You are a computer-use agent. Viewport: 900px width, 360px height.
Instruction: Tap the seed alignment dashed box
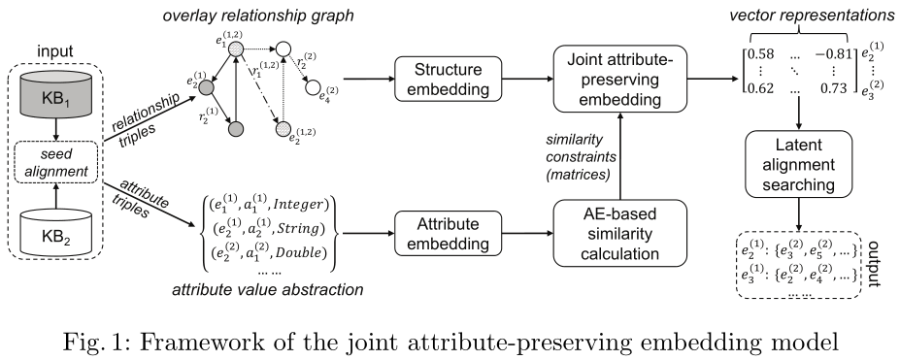click(x=60, y=166)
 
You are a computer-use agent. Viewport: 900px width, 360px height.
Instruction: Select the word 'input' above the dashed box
click(x=60, y=49)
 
